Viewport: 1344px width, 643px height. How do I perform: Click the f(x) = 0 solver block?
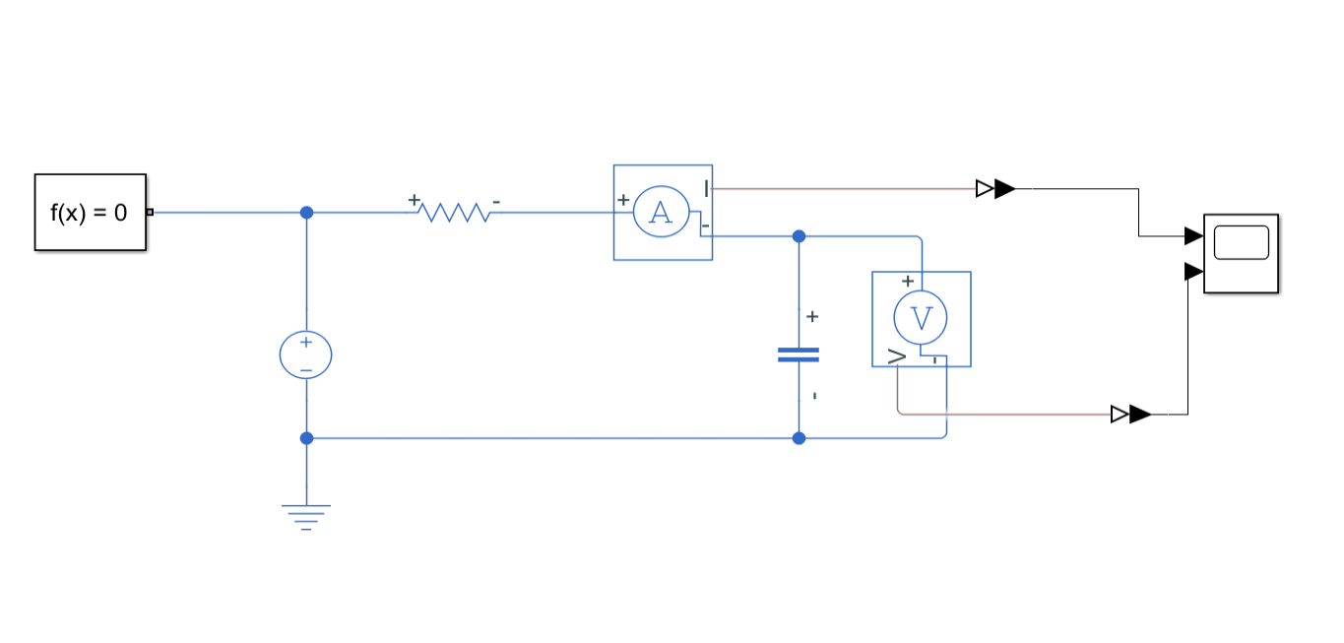[x=90, y=212]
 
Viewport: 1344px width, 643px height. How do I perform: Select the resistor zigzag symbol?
[x=453, y=213]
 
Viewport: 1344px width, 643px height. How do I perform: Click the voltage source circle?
[x=306, y=355]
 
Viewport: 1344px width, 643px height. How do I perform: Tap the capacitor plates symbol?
[x=799, y=354]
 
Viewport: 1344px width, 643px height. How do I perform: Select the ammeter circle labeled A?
[x=662, y=213]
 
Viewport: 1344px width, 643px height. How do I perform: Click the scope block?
[x=1241, y=253]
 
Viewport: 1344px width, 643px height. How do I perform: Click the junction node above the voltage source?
[x=306, y=213]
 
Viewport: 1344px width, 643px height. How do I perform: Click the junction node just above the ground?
[x=306, y=438]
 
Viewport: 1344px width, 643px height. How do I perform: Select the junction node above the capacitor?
[x=799, y=236]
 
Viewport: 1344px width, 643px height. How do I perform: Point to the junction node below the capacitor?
[x=799, y=438]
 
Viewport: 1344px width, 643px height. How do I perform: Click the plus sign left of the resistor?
[x=414, y=201]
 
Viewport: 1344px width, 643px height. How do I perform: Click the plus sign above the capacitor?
[x=812, y=316]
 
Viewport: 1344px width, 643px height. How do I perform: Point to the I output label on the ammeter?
[x=706, y=187]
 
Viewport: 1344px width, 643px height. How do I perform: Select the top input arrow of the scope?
[x=1193, y=235]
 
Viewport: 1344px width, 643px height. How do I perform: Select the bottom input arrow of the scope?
[x=1193, y=271]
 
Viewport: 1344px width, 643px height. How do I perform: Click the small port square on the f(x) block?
[x=150, y=212]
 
